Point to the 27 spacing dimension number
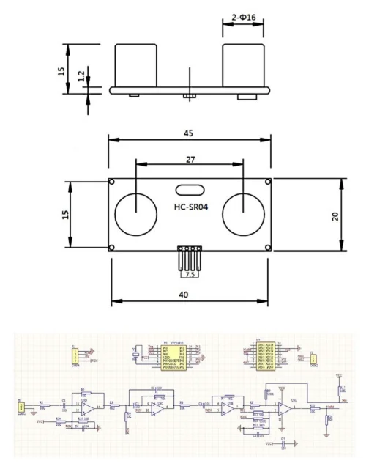click(x=190, y=158)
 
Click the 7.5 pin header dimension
click(x=190, y=275)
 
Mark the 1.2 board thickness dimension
click(x=81, y=76)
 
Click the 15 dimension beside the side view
click(x=61, y=70)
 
